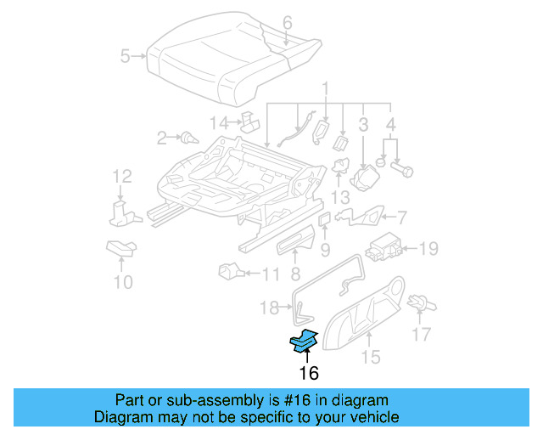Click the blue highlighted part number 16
tap(302, 342)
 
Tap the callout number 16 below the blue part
tap(308, 373)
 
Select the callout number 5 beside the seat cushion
tap(126, 57)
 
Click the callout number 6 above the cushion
tap(287, 23)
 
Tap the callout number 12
tap(123, 177)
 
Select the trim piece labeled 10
tap(121, 248)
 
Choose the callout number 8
tap(294, 274)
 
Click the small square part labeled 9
tap(324, 221)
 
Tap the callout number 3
tap(362, 126)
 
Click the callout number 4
tap(390, 126)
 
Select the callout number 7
tap(401, 217)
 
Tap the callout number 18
tap(269, 307)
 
